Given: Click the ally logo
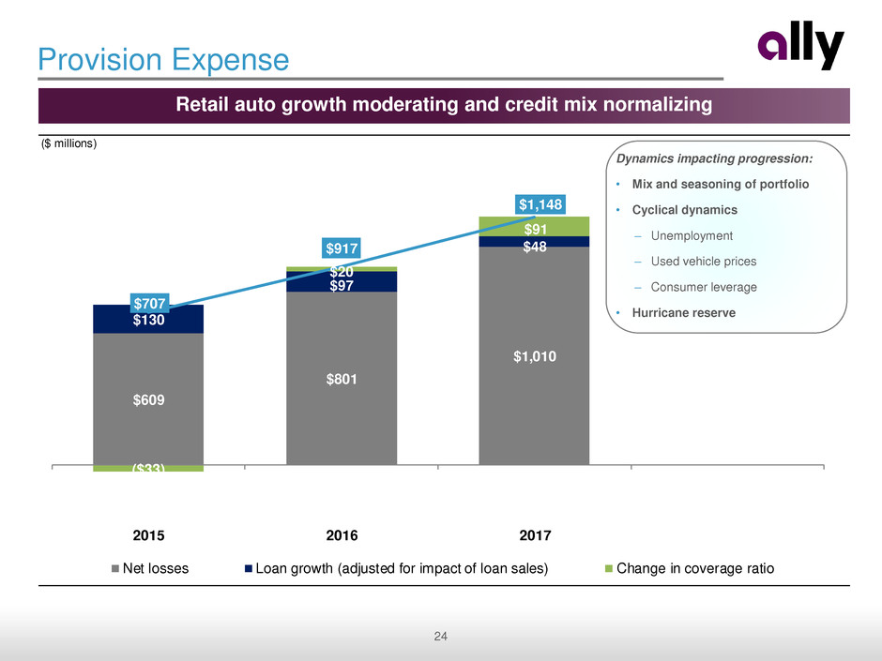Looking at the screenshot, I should click(800, 49).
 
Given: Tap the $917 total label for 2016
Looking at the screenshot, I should click(342, 248).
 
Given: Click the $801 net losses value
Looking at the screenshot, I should click(342, 379).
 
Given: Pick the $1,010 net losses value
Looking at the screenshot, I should click(534, 356).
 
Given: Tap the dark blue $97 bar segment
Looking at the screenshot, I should click(342, 282).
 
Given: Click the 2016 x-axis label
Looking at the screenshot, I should click(342, 535).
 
